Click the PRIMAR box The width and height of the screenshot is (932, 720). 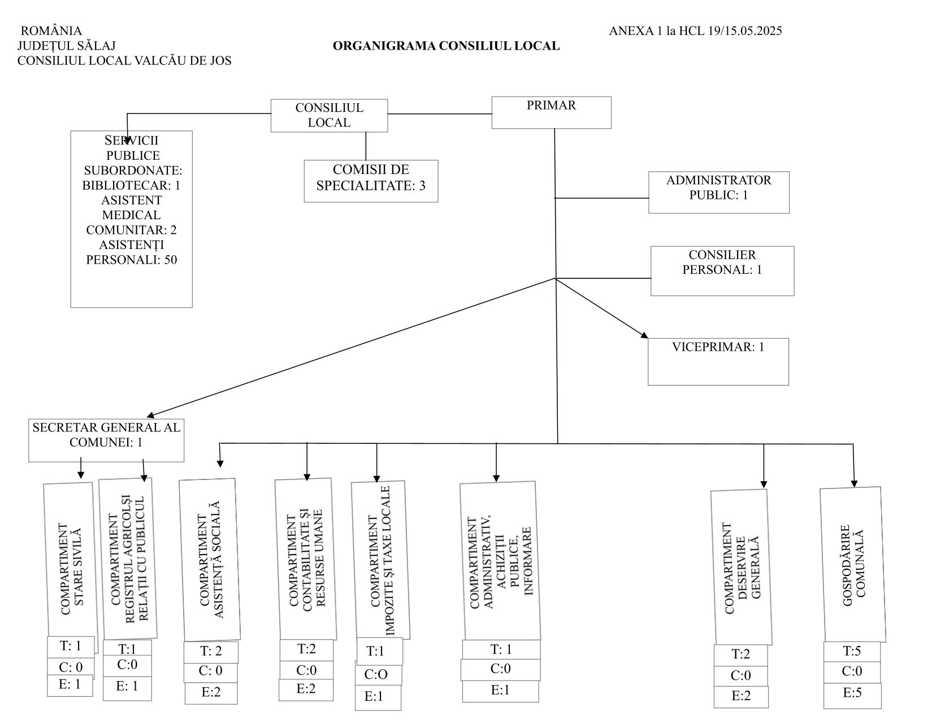(x=551, y=112)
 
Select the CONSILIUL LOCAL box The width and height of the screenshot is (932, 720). (x=329, y=116)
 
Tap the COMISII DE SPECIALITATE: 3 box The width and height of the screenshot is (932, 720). (x=371, y=181)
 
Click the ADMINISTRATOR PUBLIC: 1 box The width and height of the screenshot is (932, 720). (x=719, y=193)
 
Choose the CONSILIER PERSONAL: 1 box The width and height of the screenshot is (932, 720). (x=722, y=270)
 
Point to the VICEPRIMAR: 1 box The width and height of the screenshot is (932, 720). (x=718, y=362)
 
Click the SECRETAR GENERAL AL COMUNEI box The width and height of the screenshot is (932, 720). (x=106, y=440)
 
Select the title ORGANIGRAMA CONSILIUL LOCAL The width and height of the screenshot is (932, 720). (x=446, y=46)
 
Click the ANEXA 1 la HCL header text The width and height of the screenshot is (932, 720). (x=695, y=31)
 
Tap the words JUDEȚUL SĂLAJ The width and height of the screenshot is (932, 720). (x=67, y=45)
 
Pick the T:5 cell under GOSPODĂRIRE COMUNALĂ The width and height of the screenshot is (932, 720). (x=852, y=652)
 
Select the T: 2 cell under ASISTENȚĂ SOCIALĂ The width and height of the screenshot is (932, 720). (x=211, y=652)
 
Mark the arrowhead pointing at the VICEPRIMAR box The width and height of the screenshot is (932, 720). (x=645, y=335)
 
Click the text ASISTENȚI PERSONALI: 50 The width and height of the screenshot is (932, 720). (x=131, y=252)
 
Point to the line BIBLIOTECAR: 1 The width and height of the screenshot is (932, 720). (x=131, y=185)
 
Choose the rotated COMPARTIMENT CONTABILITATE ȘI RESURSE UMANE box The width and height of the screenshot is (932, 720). (x=306, y=559)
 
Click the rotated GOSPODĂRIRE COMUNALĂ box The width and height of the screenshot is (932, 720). (x=853, y=565)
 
